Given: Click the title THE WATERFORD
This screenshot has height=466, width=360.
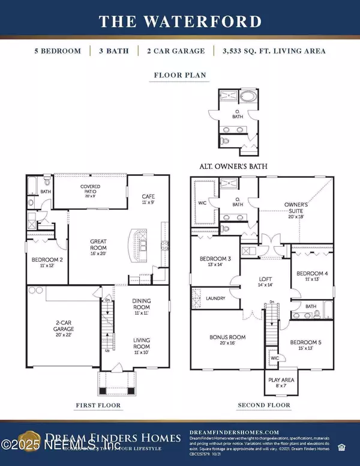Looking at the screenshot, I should [x=180, y=22].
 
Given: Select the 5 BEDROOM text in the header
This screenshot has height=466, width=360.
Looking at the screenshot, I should [x=58, y=51].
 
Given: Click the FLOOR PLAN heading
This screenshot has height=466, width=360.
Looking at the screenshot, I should [x=180, y=76].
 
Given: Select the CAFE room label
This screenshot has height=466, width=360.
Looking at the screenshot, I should [x=148, y=199].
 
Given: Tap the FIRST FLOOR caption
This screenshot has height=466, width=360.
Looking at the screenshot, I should [x=98, y=405].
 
